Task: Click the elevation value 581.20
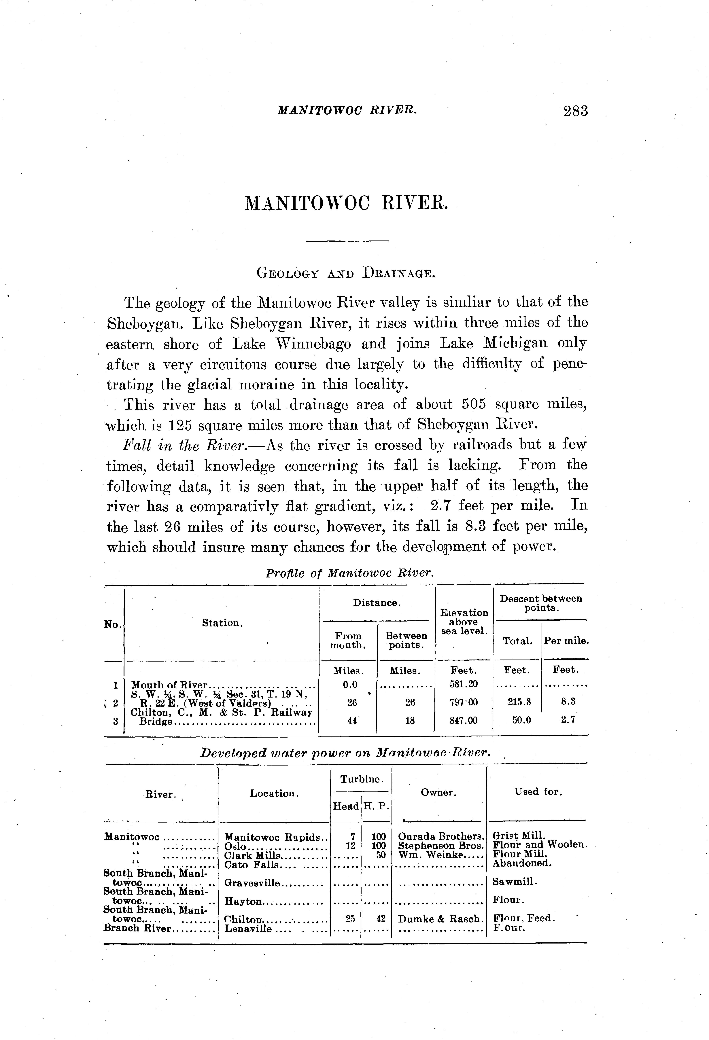464,685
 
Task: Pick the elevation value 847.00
464,721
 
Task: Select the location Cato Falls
252,865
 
